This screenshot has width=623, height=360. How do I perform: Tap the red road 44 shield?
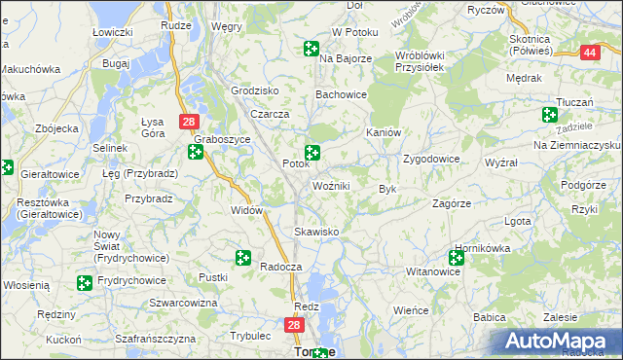pos(589,53)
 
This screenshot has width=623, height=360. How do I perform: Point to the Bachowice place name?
pos(340,94)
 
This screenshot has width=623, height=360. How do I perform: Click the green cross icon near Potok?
pos(312,152)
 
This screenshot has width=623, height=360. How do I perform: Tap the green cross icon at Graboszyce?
pos(196,153)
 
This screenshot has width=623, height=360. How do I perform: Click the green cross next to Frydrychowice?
pos(85,282)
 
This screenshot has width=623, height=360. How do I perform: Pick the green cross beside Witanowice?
pos(457,257)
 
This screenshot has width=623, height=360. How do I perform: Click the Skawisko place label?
pos(316,232)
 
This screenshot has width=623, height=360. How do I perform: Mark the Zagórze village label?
pos(452,204)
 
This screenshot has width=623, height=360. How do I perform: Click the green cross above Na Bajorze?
pos(311,48)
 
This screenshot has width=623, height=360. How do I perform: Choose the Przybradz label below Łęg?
pos(148,198)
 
